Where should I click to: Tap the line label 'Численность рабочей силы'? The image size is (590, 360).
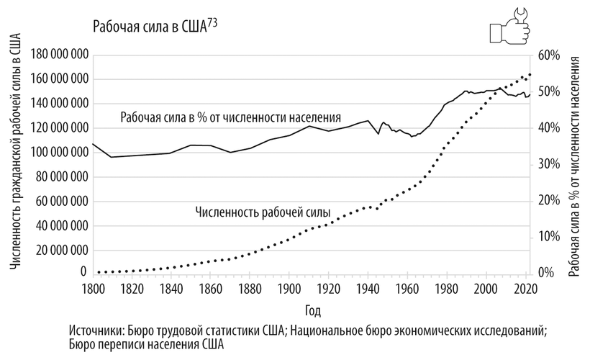pos(263,213)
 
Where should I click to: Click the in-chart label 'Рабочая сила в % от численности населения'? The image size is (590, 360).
pos(230,117)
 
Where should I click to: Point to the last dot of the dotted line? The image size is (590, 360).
pos(530,74)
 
